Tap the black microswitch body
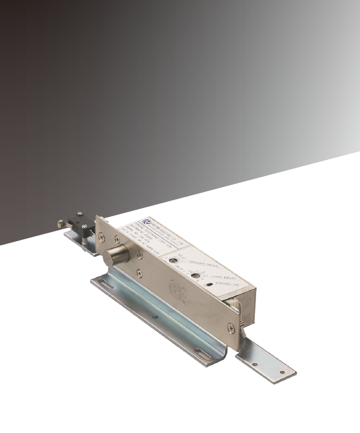[79, 220]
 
